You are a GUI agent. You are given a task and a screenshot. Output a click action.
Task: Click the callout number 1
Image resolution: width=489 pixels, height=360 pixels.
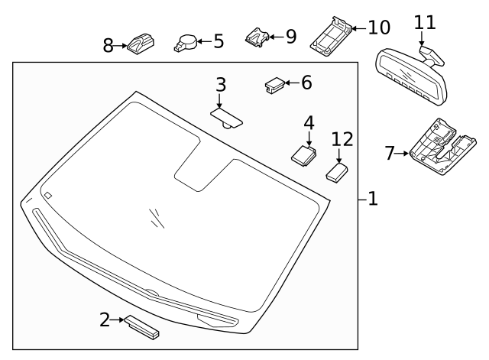click(372, 199)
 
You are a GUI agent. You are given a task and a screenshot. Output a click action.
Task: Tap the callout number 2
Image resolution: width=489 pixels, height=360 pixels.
click(105, 319)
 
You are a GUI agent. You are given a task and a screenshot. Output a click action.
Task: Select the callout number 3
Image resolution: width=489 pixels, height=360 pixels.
click(220, 84)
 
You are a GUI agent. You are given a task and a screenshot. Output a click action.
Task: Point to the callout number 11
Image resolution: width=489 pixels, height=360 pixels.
click(425, 22)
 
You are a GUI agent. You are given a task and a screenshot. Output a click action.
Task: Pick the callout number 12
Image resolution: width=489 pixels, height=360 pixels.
click(342, 139)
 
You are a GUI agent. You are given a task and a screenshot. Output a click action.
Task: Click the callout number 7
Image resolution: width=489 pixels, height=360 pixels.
click(390, 154)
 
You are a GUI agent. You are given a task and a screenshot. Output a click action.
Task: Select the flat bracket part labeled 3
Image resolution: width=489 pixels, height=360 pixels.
click(226, 116)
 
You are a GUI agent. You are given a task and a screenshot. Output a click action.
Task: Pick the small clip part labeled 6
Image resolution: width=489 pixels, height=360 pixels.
click(274, 84)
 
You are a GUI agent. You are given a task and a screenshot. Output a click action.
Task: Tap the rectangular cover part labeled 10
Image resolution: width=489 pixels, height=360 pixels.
click(330, 34)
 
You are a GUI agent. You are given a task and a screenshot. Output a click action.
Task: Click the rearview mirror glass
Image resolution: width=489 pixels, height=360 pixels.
click(410, 75)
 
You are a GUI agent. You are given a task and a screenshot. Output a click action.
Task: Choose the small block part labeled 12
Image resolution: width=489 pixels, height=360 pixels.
click(337, 171)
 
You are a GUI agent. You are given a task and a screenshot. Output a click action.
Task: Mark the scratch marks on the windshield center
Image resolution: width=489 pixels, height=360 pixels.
click(157, 218)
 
